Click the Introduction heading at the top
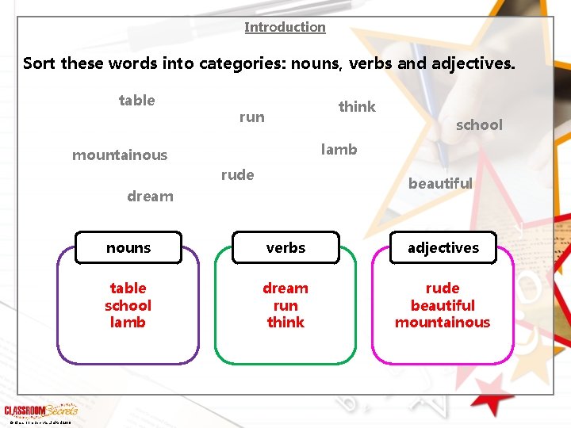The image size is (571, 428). (x=285, y=27)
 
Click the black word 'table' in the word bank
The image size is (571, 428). (x=136, y=100)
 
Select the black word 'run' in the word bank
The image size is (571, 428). (x=251, y=117)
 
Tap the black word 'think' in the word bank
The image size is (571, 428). (x=357, y=106)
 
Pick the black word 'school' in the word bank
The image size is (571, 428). (x=479, y=124)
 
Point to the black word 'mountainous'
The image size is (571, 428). (x=120, y=155)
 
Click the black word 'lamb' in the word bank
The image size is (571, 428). (x=339, y=149)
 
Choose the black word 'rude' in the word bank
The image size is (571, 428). (x=237, y=175)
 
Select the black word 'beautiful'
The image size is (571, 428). (x=440, y=183)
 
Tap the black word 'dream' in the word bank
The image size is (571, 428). (x=150, y=197)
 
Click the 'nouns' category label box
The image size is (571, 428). (x=128, y=248)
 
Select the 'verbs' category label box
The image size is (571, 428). (x=285, y=248)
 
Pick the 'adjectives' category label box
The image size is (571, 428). (x=443, y=248)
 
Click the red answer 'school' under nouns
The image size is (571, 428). (x=128, y=305)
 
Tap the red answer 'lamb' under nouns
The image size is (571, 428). (x=128, y=322)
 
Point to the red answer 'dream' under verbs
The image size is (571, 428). (x=285, y=288)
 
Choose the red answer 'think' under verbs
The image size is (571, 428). (x=285, y=322)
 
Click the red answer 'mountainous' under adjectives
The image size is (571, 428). (x=443, y=322)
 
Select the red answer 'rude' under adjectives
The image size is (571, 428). (x=443, y=288)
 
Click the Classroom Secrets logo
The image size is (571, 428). (x=40, y=411)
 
